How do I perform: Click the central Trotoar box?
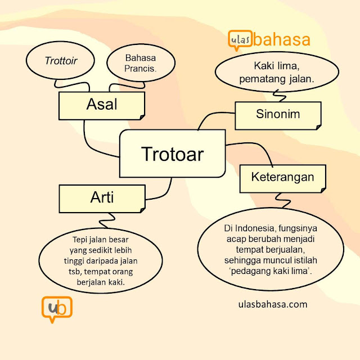[x=173, y=154]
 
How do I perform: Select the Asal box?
[x=102, y=106]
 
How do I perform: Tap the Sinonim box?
[x=278, y=115]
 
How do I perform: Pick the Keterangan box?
[x=282, y=179]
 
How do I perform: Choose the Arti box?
[x=102, y=199]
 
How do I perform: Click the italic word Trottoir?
[x=61, y=61]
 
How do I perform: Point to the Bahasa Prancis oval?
[x=141, y=62]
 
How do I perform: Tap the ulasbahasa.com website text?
[x=273, y=304]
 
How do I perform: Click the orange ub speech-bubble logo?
[x=57, y=309]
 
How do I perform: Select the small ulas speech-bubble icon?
[x=240, y=40]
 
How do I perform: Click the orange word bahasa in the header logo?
[x=282, y=39]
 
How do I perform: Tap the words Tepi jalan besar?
[x=101, y=240]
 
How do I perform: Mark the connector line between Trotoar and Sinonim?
[x=214, y=116]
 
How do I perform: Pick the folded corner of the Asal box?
[x=142, y=117]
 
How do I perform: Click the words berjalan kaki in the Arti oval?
[x=101, y=282]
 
